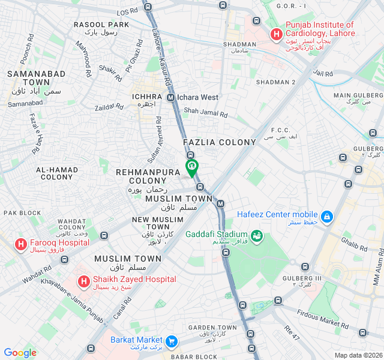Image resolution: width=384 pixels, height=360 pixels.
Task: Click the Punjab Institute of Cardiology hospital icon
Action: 276,35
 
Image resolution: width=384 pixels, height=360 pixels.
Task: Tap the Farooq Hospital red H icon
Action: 20,244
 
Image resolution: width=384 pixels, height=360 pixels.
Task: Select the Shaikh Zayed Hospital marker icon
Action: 83,280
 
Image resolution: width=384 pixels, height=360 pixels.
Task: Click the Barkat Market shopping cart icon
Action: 172,341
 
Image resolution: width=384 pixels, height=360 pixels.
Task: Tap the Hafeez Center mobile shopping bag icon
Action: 327,215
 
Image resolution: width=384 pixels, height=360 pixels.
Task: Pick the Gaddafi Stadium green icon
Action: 257,235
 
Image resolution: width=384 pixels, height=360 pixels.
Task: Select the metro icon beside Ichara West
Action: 171,97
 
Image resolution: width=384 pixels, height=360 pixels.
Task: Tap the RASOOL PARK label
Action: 101,25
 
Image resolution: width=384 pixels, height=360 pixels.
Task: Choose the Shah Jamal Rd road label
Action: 206,112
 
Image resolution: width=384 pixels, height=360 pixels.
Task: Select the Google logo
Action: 20,353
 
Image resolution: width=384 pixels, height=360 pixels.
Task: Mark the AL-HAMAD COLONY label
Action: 56,173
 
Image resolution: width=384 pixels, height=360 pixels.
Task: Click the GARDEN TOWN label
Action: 212,328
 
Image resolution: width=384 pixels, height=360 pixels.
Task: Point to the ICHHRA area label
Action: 147,97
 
